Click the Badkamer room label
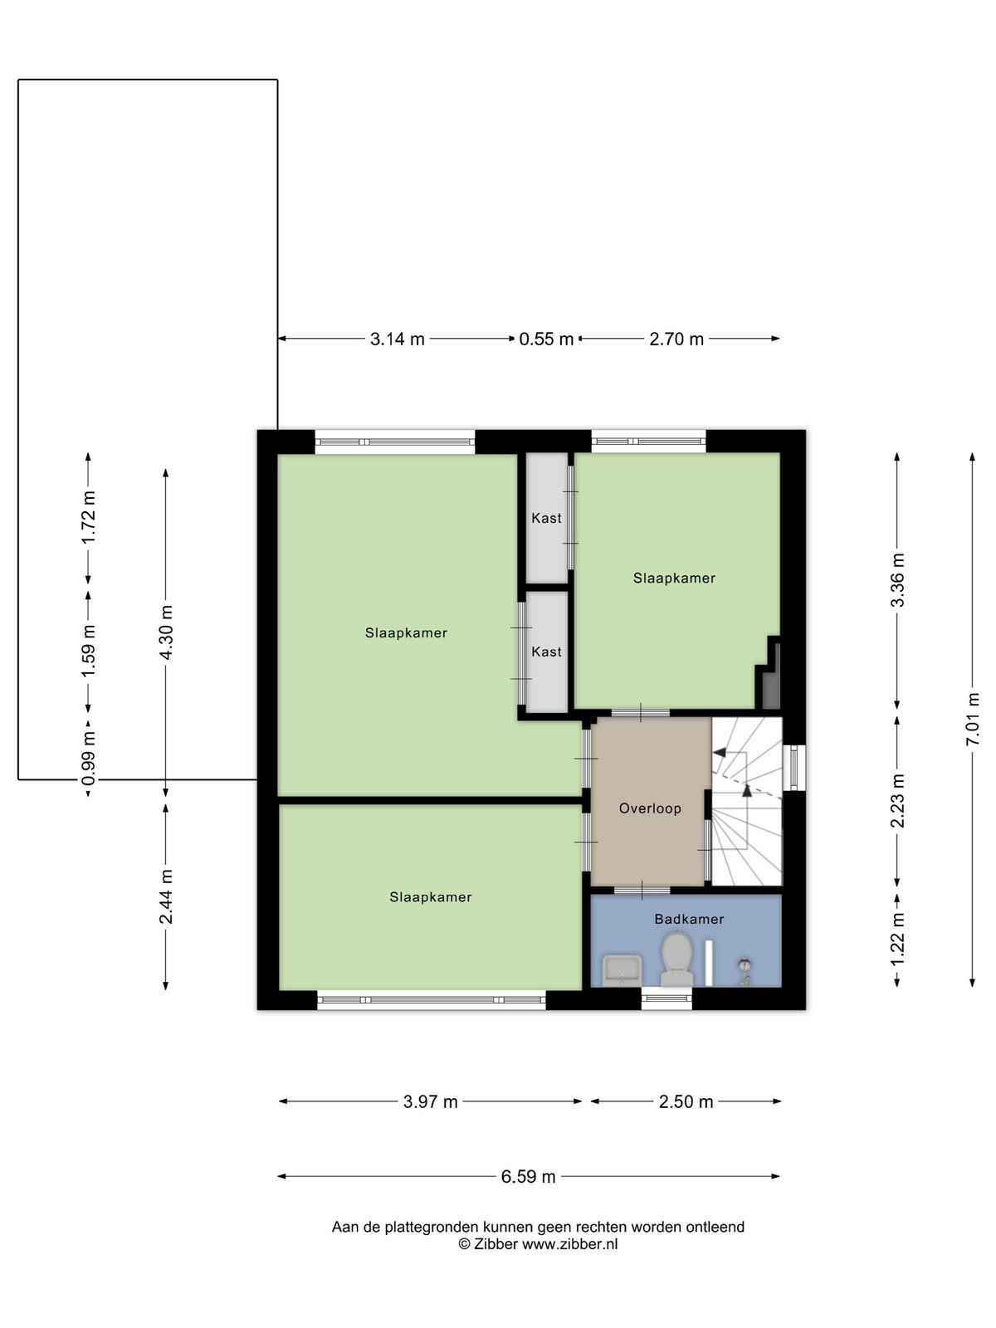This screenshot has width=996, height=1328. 689,919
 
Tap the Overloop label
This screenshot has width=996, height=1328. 650,808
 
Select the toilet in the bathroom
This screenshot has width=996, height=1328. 676,959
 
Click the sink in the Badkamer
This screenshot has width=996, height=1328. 622,970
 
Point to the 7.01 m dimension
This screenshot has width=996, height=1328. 972,720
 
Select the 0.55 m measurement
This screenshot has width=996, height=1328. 546,339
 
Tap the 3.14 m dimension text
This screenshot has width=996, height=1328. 398,339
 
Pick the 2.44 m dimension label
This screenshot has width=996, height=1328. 166,896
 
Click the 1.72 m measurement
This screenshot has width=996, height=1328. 88,518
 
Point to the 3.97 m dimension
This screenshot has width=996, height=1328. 430,1101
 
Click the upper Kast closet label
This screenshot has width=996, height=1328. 547,518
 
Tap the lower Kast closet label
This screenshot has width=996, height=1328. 547,652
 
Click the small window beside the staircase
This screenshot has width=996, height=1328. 794,767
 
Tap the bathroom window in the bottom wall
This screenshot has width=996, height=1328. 666,998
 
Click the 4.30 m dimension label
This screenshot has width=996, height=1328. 166,632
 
